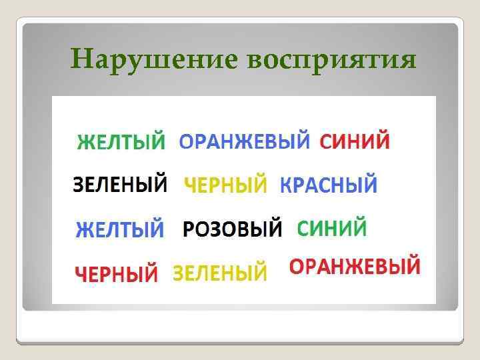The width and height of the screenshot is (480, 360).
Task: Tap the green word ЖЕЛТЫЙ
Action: coord(121,143)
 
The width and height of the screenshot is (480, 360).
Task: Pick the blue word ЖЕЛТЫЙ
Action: coord(120,230)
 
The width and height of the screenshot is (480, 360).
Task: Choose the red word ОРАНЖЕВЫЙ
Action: coord(355,268)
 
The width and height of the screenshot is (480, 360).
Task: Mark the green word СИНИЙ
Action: coord(331,229)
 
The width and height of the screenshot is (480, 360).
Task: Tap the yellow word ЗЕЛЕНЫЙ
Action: coord(221,272)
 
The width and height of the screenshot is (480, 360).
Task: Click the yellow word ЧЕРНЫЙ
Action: coord(225,185)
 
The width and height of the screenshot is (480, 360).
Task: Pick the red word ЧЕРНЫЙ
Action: coord(117,273)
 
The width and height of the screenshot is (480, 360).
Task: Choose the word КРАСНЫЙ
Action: coord(328,185)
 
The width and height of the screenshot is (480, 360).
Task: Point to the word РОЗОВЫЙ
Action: coord(233,229)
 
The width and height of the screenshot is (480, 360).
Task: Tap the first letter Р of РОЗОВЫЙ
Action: coord(188,229)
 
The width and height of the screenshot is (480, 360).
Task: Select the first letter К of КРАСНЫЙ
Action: coord(286,185)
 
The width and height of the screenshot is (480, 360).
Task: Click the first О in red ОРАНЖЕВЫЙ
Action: coord(297,268)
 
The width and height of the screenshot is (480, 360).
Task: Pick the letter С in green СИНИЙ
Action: coord(303,229)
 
